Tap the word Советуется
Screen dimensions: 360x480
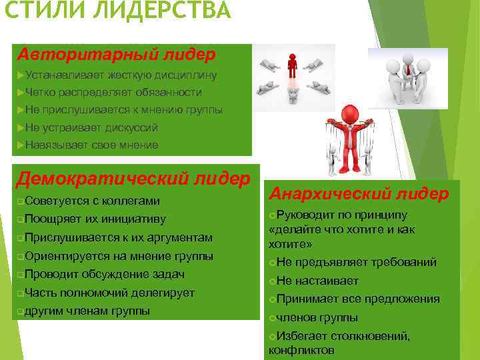53,201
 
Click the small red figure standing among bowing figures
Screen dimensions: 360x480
292,67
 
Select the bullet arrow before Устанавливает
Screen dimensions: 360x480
21,75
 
